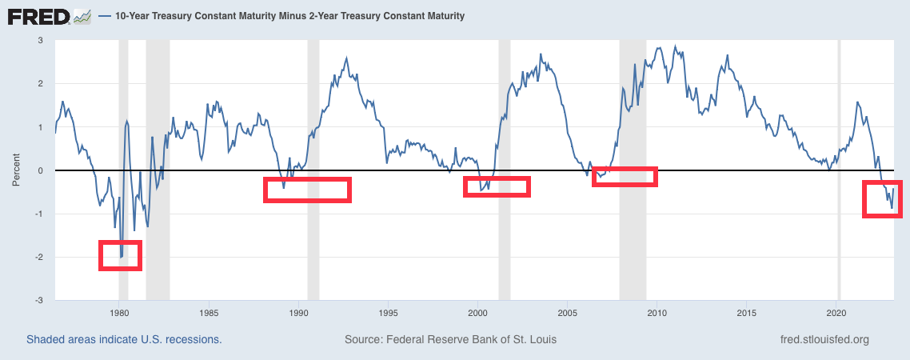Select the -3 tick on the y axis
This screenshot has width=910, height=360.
39,300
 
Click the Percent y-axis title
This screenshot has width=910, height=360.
16,170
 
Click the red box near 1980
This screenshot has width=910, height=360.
120,255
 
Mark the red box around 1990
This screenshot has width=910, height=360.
307,190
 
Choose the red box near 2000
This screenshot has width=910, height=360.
497,186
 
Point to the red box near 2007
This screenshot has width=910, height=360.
625,177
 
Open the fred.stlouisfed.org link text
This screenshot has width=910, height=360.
823,339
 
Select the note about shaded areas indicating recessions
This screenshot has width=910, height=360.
124,339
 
